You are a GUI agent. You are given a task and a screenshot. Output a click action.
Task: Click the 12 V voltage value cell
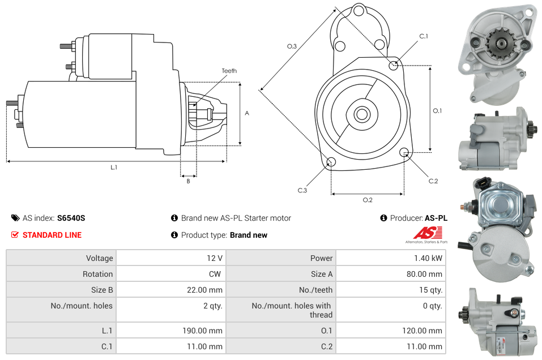point(214,258)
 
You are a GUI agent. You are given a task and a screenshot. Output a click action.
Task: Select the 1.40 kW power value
point(430,258)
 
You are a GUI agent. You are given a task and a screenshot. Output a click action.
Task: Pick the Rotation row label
point(97,274)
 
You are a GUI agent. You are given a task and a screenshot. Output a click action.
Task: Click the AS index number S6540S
point(71,218)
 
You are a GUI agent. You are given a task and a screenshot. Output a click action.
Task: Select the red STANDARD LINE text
point(52,235)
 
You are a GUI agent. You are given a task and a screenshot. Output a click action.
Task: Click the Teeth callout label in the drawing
point(229,71)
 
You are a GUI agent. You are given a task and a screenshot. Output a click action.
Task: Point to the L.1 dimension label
point(113,168)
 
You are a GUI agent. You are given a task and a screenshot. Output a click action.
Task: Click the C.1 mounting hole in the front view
point(394,65)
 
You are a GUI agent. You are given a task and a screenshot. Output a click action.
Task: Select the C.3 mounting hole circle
point(331,163)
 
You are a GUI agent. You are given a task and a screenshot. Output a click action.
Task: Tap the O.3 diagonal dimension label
point(292,46)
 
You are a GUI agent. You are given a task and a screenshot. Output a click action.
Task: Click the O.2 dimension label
point(367,200)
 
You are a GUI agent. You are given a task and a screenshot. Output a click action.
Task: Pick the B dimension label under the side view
point(188,181)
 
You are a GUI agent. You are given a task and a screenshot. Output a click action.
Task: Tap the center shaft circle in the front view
point(361,114)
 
